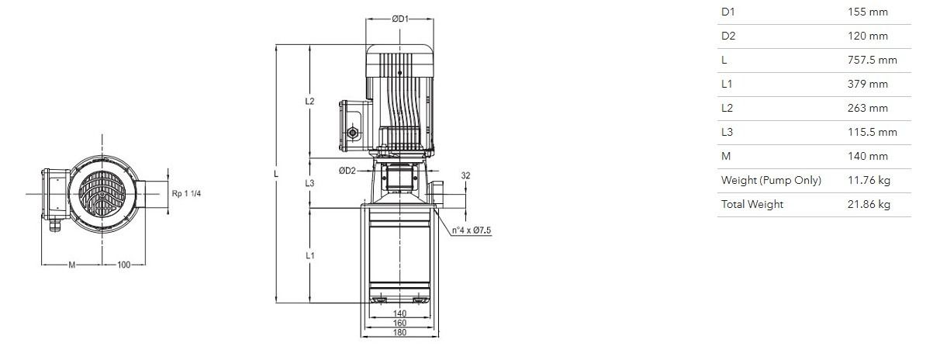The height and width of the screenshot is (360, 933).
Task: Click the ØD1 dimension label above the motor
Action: click(400, 19)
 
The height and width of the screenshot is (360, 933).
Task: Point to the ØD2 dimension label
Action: click(347, 171)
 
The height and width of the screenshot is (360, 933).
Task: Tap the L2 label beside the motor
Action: click(309, 101)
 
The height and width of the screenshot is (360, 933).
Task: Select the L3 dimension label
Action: click(309, 183)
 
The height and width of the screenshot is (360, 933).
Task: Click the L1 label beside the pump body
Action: click(310, 255)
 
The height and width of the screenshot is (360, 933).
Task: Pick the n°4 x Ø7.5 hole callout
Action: click(472, 230)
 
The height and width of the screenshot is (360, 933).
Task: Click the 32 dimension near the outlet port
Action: click(465, 176)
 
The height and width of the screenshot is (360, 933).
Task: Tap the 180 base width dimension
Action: click(399, 333)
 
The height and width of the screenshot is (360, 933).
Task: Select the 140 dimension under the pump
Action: click(399, 313)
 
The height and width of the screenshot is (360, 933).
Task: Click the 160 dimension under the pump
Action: click(399, 323)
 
